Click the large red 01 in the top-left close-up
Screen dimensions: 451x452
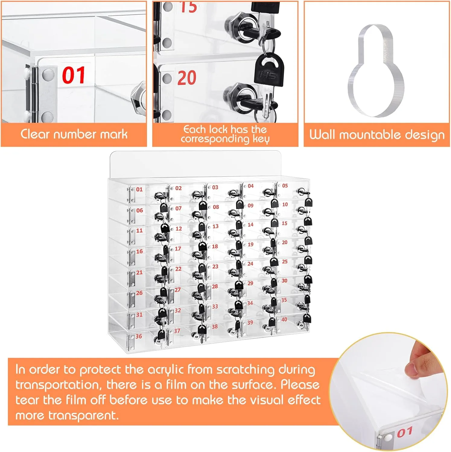tap(74, 75)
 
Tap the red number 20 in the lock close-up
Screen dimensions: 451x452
tap(187, 78)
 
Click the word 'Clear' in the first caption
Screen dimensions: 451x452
tap(35, 134)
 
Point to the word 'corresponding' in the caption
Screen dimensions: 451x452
tap(215, 139)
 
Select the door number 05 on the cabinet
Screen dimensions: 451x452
tap(285, 186)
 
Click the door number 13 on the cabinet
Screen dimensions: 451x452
tap(215, 226)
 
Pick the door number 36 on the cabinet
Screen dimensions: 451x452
tap(138, 336)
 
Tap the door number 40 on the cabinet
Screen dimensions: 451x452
tap(284, 319)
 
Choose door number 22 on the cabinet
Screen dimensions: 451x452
tap(178, 269)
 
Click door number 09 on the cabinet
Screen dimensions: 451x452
tap(251, 206)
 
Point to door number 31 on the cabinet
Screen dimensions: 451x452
tap(139, 315)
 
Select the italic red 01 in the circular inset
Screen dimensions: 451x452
tap(405, 432)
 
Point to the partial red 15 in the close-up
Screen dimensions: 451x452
tap(188, 7)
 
